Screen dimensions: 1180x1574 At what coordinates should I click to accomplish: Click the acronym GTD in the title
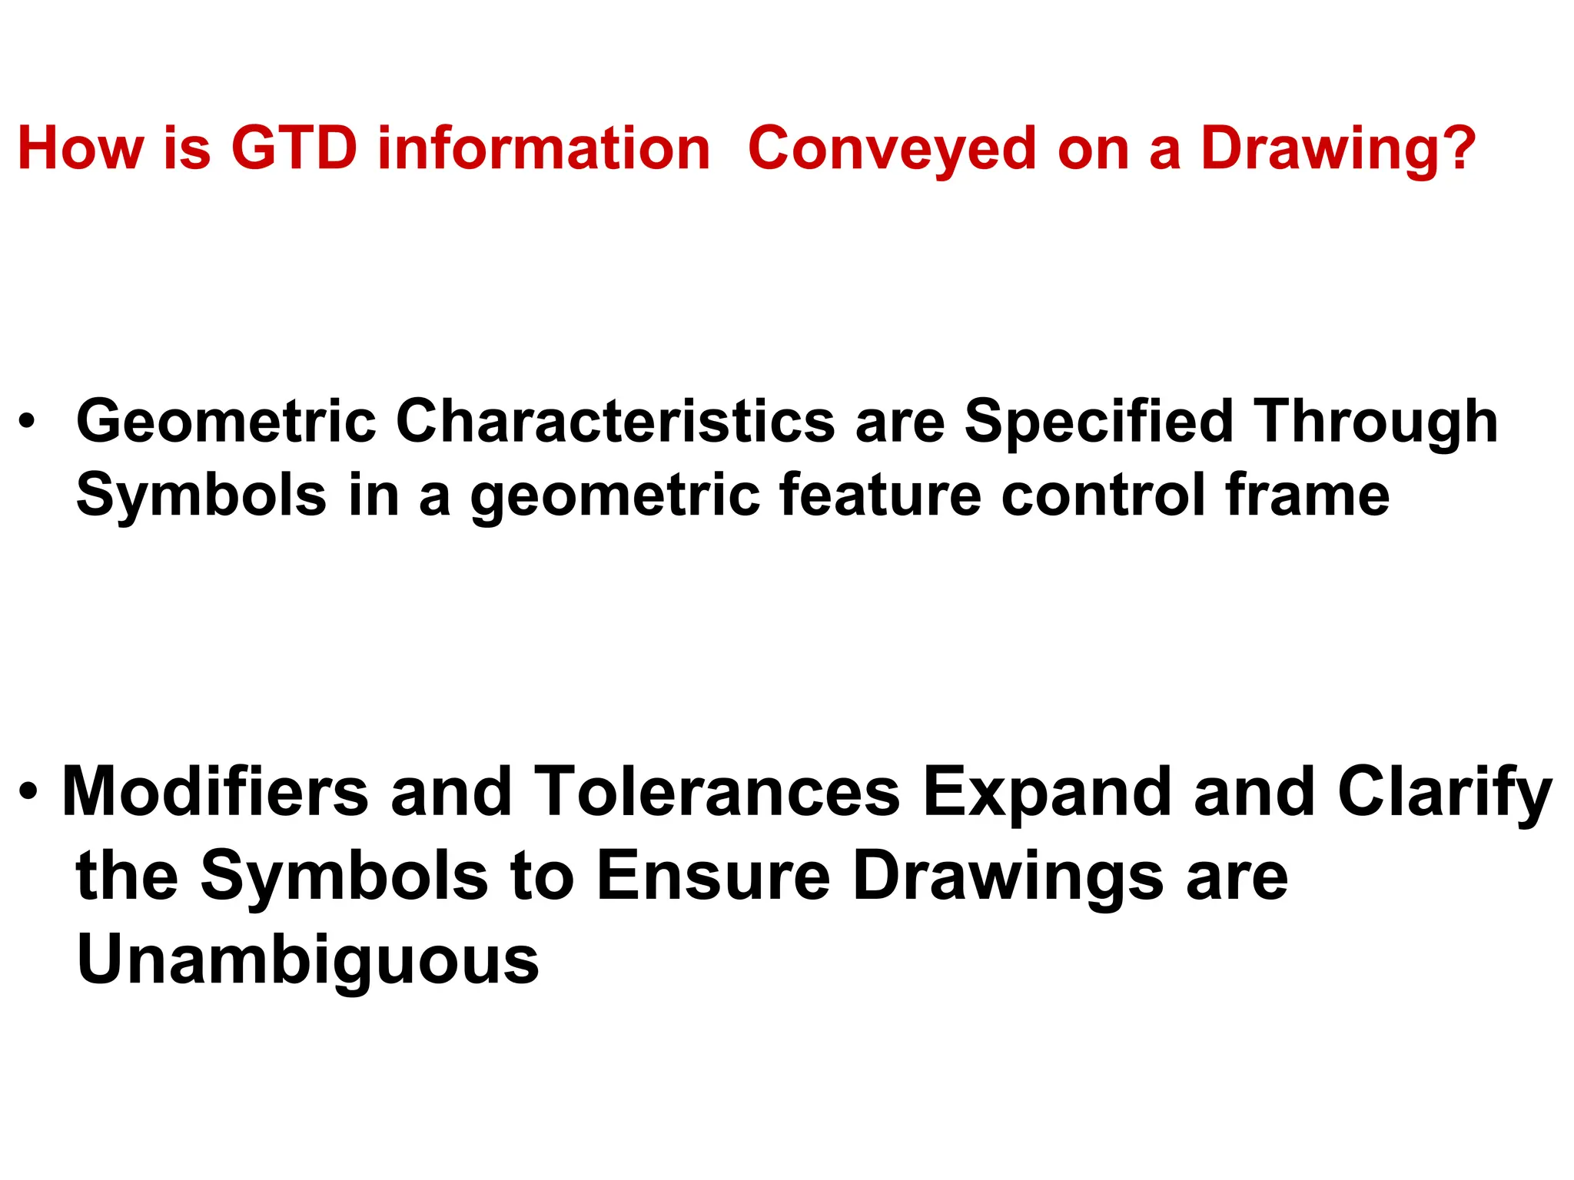294,148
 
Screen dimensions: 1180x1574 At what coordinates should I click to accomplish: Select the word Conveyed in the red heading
892,148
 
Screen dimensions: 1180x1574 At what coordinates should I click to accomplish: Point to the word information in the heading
543,148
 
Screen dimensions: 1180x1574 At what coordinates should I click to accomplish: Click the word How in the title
80,148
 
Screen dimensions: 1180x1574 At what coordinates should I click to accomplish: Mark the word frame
1307,495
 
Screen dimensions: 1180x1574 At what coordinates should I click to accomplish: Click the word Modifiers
215,791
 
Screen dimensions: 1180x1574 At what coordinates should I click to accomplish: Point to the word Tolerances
716,791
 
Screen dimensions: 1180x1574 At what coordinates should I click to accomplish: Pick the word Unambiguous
307,960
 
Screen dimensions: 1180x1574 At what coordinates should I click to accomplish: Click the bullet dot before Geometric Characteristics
28,421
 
